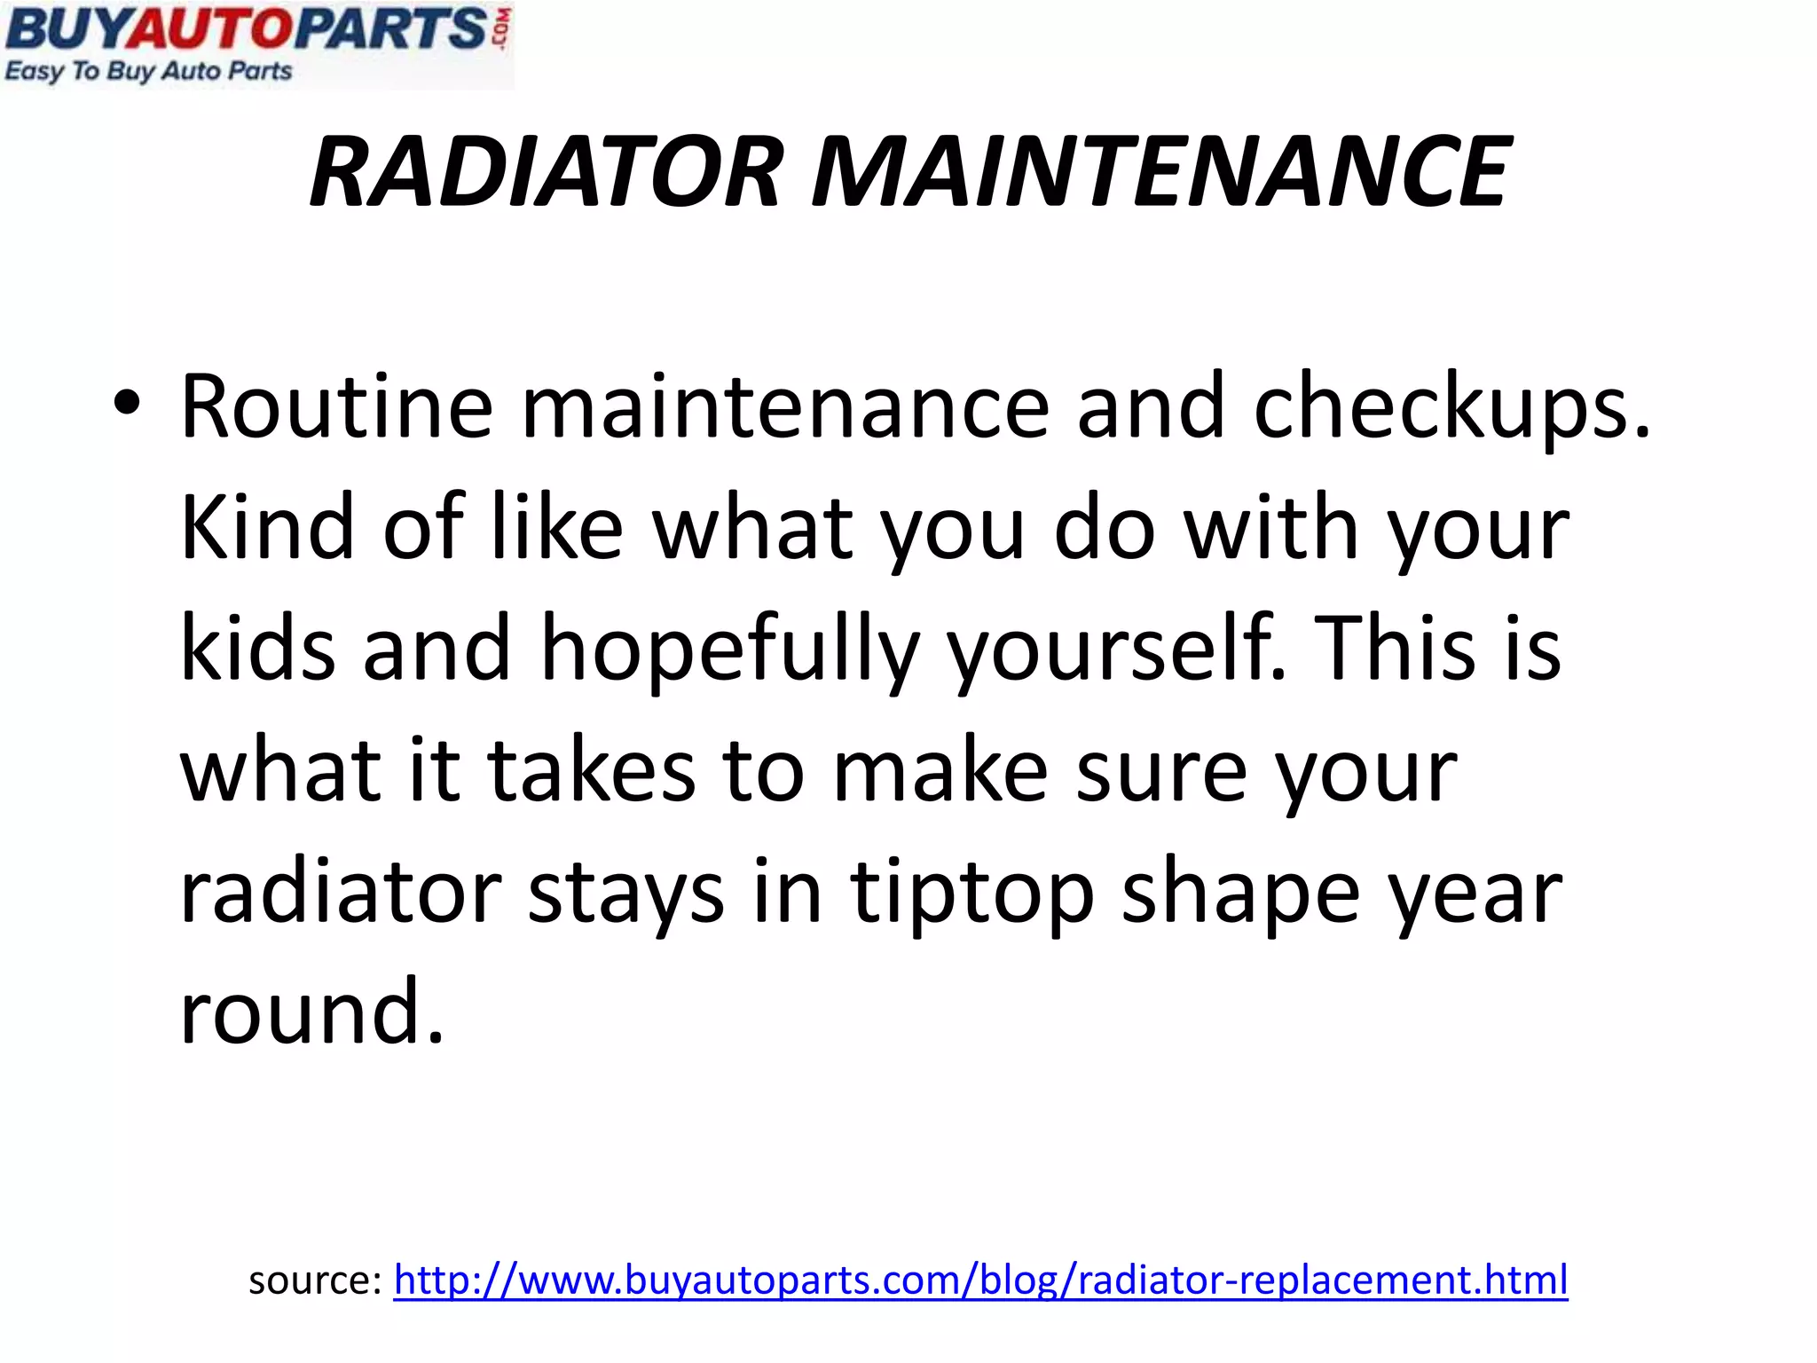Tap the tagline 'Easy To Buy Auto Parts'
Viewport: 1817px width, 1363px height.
[x=148, y=71]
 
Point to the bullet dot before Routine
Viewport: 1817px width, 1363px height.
[x=126, y=405]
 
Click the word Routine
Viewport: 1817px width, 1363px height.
[x=336, y=407]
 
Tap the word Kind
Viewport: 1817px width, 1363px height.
[x=267, y=527]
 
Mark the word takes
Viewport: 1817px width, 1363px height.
[x=591, y=770]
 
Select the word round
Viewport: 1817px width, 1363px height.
[x=311, y=1012]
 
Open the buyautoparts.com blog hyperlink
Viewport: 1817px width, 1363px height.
[x=980, y=1280]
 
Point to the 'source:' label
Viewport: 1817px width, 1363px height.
[x=315, y=1280]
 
